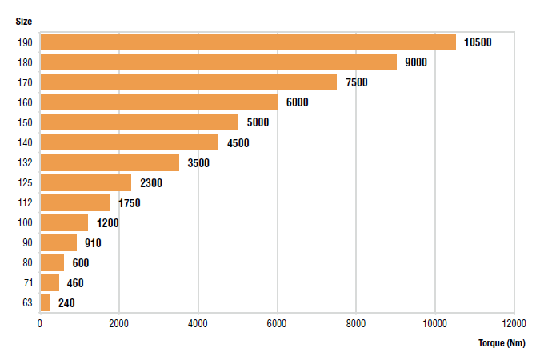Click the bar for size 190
point(248,42)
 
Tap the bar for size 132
point(110,162)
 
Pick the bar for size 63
point(46,302)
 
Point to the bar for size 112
point(74,202)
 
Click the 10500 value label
point(478,42)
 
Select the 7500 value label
point(356,82)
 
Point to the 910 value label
point(93,242)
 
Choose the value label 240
point(66,302)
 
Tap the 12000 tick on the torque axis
point(514,323)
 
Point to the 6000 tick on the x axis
point(277,323)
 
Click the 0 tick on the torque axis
point(40,323)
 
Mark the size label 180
point(25,62)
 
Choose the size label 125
point(25,182)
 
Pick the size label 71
point(27,282)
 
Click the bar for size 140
point(129,142)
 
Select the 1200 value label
point(107,222)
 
